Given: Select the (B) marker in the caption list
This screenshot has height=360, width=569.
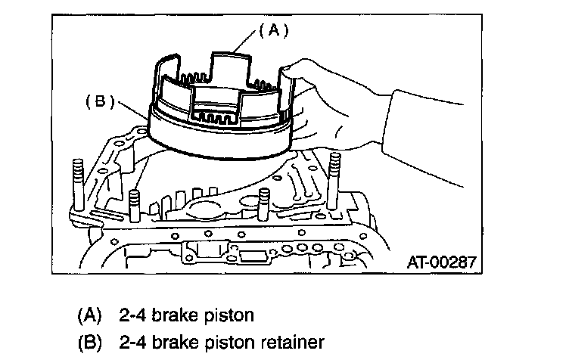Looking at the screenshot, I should [89, 342].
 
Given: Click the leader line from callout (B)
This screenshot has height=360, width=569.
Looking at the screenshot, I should [129, 108].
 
